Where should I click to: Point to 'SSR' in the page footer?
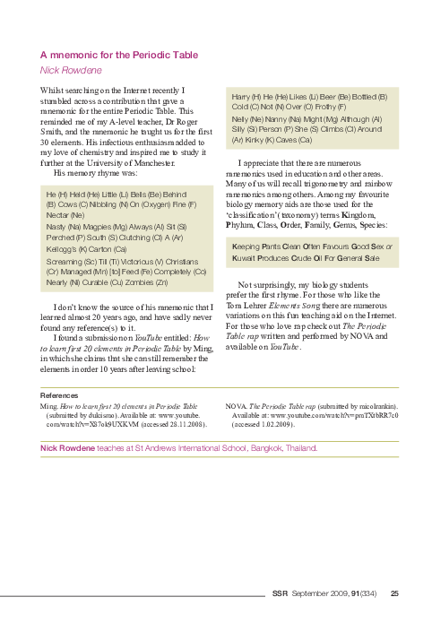click(280, 593)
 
